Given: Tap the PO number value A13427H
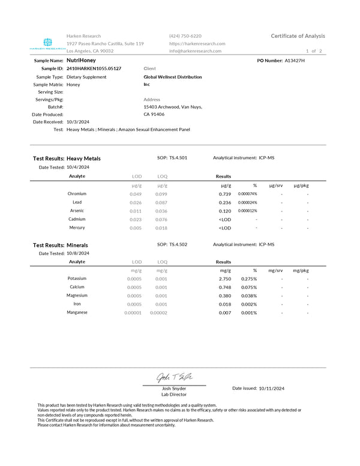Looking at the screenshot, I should [x=295, y=61].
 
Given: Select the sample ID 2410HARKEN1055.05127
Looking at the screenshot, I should [x=94, y=69].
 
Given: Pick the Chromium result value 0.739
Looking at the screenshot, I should [x=225, y=194].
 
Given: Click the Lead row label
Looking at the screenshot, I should [x=77, y=202].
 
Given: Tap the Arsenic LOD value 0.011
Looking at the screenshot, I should [x=136, y=211].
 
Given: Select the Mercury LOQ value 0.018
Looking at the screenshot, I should [x=161, y=228].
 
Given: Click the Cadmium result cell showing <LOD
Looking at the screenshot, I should [x=225, y=219].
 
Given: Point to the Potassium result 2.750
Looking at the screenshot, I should [x=225, y=279].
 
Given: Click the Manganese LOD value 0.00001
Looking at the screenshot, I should [x=133, y=312].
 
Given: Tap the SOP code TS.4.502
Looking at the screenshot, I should [x=178, y=244].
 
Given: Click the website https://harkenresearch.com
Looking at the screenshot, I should [x=197, y=44].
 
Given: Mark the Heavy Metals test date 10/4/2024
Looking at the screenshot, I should [x=78, y=168].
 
